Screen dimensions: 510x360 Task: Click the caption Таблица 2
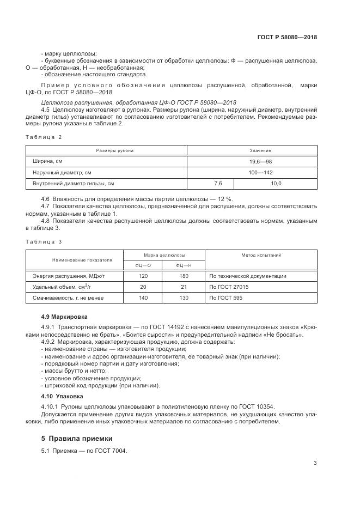click(44, 137)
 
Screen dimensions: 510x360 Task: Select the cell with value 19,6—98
click(253, 161)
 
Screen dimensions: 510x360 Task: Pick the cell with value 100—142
click(253, 172)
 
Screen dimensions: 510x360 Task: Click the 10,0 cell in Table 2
click(276, 184)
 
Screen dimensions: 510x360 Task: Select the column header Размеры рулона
click(107, 150)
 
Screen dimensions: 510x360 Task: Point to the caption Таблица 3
click(44, 241)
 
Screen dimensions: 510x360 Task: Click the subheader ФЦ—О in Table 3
click(143, 265)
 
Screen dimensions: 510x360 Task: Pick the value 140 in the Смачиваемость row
click(143, 298)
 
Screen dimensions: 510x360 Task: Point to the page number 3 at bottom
click(315, 463)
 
